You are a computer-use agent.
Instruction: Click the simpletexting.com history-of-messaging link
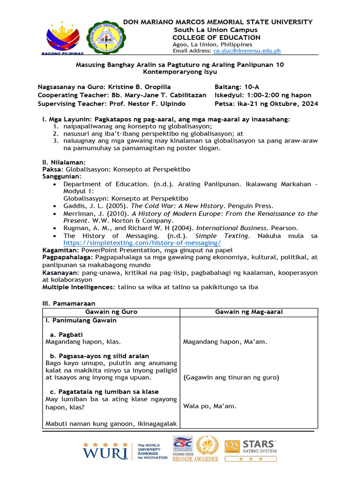(x=142, y=243)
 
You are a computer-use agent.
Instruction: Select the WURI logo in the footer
(x=105, y=450)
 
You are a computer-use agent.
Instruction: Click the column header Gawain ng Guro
(x=111, y=312)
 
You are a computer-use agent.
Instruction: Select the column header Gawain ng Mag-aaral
(x=248, y=312)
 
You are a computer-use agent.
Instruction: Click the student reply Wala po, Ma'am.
(x=210, y=406)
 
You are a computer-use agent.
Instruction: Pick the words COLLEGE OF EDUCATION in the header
(x=216, y=37)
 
